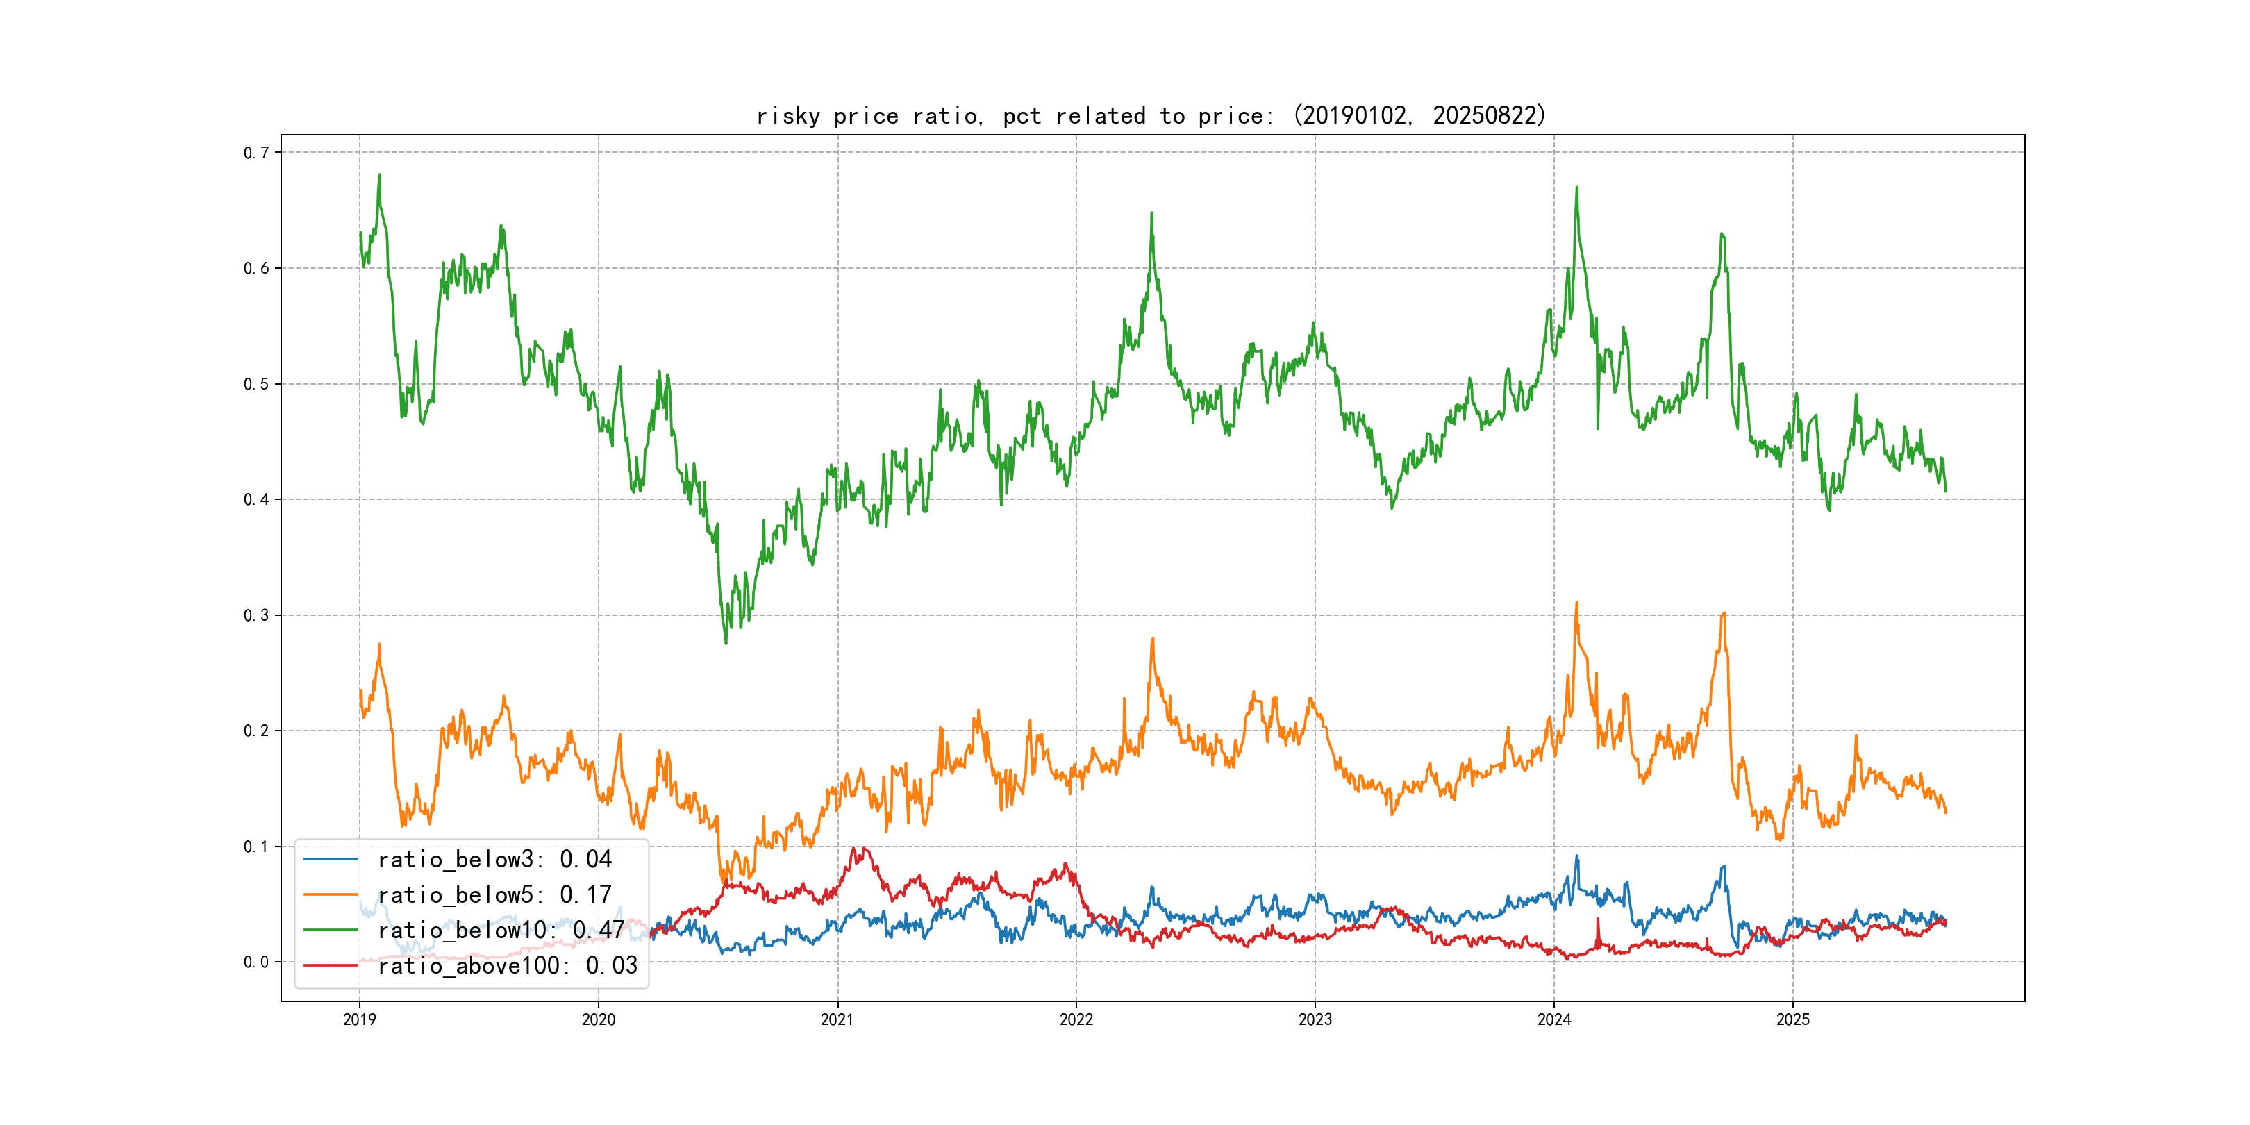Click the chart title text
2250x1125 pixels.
(x=1150, y=116)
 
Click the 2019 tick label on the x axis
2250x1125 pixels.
(x=359, y=1019)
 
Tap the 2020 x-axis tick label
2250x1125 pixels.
(x=599, y=1019)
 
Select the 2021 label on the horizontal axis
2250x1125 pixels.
(x=837, y=1019)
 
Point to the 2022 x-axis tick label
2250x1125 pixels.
(x=1076, y=1019)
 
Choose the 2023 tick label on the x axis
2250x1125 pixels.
(x=1315, y=1019)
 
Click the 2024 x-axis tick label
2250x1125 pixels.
(x=1554, y=1019)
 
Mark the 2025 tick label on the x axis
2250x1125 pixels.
(x=1792, y=1019)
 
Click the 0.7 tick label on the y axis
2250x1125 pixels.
(x=256, y=153)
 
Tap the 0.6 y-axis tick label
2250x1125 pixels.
(x=256, y=268)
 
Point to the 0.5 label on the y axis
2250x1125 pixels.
(x=256, y=384)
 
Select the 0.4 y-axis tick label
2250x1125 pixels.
(x=256, y=499)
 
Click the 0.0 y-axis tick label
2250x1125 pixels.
(x=256, y=962)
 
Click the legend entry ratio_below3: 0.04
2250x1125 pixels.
(x=494, y=860)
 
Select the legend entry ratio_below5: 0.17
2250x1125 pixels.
(x=494, y=895)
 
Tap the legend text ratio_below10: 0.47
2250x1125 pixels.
(x=501, y=931)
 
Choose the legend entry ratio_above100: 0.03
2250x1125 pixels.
(x=508, y=965)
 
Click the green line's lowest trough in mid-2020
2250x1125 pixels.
(x=726, y=644)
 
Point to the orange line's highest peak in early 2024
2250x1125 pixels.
(x=1576, y=603)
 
